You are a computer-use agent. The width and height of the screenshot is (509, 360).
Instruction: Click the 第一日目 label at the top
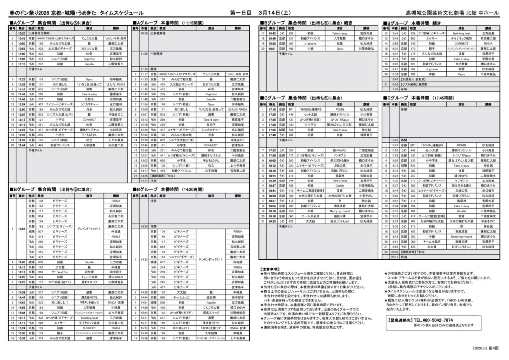[x=241, y=12]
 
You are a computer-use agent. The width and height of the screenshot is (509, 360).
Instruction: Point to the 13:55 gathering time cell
[x=22, y=229]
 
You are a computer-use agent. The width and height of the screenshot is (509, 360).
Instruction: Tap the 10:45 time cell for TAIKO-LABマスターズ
[x=22, y=38]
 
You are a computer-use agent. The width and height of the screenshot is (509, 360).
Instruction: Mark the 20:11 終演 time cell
[x=393, y=257]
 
